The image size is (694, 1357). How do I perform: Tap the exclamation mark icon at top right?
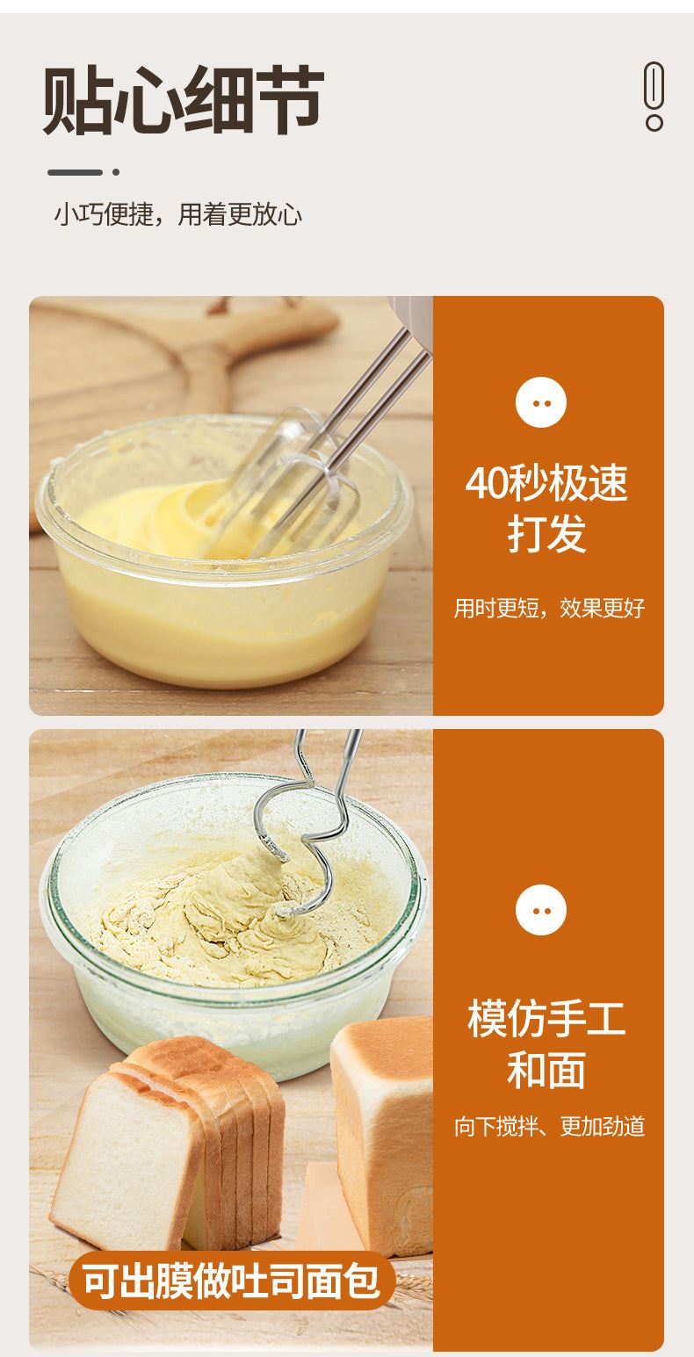(654, 96)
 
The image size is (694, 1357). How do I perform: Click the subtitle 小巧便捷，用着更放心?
(178, 214)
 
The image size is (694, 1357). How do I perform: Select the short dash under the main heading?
(75, 172)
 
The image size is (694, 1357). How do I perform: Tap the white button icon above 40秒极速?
(541, 402)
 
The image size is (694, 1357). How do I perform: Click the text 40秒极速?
(546, 482)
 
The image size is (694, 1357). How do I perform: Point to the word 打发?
(546, 534)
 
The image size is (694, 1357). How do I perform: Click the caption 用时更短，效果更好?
(549, 608)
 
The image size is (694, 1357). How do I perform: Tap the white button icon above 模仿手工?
(541, 910)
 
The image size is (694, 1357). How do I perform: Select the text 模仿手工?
(546, 1019)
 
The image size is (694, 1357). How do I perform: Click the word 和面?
(546, 1071)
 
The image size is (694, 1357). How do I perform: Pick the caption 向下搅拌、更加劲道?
(549, 1127)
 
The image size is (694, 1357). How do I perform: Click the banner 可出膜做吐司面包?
(231, 1281)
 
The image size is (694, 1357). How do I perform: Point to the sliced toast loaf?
(167, 1151)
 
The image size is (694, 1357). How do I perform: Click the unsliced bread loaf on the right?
(383, 1133)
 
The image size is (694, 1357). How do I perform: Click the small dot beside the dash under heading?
(116, 172)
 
